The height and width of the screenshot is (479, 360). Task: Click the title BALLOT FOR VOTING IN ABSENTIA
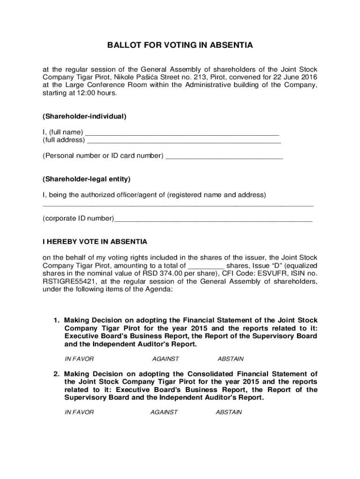[x=180, y=45]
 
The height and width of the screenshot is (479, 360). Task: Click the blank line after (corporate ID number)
[x=213, y=219]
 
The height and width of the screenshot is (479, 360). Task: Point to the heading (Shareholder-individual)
[x=85, y=116]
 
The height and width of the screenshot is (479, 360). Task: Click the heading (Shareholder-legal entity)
[x=86, y=179]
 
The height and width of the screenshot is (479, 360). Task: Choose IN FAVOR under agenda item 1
[x=79, y=359]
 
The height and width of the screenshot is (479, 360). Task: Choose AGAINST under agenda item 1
[x=166, y=359]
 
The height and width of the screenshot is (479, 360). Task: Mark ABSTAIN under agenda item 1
[x=230, y=359]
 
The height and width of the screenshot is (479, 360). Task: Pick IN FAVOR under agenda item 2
[x=79, y=412]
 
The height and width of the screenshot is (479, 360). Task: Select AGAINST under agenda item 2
[x=164, y=412]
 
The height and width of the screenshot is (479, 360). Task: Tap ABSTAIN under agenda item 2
[x=229, y=412]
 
